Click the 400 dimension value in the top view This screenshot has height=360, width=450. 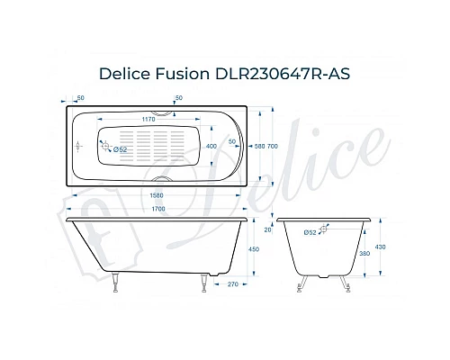211,145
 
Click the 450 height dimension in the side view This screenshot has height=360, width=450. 256,250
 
